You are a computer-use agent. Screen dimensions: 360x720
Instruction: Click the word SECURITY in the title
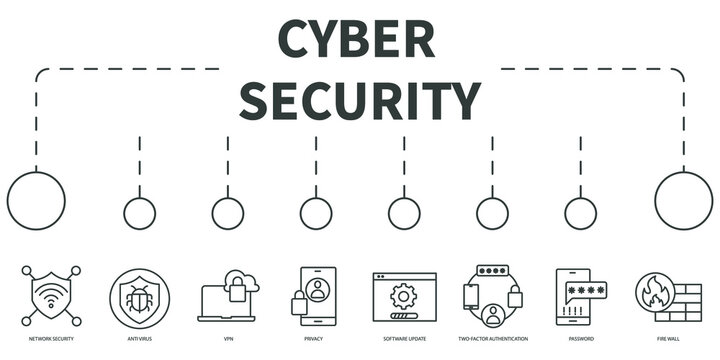click(360, 100)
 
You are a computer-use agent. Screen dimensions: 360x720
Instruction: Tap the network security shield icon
click(51, 295)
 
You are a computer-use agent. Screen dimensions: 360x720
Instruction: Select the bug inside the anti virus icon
click(140, 297)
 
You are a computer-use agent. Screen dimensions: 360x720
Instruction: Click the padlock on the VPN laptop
click(238, 292)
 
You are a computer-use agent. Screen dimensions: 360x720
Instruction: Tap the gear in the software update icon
click(404, 295)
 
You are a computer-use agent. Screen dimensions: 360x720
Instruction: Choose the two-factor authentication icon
click(492, 295)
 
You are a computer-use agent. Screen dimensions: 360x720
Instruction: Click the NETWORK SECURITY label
click(51, 339)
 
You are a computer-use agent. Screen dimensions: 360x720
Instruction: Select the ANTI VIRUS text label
click(140, 339)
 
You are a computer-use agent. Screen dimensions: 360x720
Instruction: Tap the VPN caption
click(228, 339)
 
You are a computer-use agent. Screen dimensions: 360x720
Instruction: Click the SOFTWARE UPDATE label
click(404, 339)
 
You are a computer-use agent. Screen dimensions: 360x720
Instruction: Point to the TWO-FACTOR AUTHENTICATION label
click(492, 339)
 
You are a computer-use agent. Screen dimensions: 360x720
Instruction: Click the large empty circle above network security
click(36, 200)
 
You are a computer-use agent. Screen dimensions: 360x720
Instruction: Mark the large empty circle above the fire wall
click(684, 200)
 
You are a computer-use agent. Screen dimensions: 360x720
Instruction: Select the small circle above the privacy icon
click(316, 213)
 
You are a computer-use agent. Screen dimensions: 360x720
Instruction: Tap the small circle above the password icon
click(580, 213)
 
